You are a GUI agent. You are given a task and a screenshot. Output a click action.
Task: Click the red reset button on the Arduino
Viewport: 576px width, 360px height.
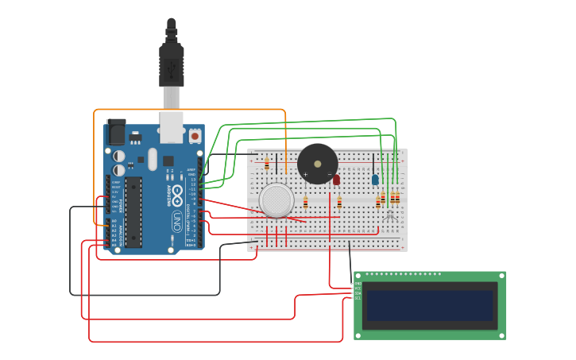(195, 137)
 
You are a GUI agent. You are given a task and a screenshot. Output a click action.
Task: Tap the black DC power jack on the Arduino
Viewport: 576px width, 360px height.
(116, 130)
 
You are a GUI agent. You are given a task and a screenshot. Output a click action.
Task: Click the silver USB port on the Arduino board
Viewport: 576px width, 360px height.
(171, 127)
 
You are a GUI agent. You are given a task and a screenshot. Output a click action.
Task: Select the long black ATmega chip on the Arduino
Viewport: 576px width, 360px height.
(133, 211)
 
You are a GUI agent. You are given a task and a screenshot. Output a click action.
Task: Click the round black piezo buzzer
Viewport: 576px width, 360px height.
(318, 164)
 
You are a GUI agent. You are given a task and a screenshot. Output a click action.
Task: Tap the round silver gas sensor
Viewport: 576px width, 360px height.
(276, 200)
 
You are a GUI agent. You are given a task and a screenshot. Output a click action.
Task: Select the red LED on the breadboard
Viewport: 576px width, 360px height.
(336, 180)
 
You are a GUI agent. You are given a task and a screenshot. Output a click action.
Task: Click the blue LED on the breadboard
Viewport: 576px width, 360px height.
(375, 180)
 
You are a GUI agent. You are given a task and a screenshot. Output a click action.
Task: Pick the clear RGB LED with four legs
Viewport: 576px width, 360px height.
(389, 215)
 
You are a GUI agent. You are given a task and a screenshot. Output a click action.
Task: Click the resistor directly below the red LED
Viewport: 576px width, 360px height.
(339, 203)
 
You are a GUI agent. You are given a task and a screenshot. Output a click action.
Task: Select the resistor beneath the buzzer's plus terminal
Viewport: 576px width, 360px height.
(305, 203)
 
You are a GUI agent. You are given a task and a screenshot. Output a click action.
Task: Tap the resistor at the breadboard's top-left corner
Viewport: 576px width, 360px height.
(267, 164)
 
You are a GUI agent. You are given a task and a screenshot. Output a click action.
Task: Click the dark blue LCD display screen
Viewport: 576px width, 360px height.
(430, 305)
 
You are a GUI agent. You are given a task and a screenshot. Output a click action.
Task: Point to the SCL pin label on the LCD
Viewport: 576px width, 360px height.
(358, 298)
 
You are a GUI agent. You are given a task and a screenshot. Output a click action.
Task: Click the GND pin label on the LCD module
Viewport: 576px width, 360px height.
(358, 284)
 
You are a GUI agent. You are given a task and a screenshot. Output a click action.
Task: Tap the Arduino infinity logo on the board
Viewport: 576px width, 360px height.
(177, 194)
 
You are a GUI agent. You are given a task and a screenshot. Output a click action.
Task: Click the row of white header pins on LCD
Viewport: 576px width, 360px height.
(403, 274)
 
